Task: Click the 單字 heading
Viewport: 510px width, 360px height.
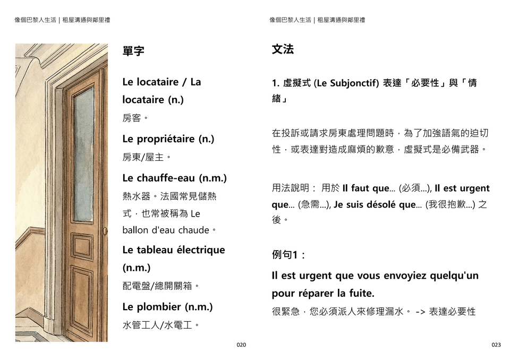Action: point(133,52)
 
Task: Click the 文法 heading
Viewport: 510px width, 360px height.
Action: point(283,49)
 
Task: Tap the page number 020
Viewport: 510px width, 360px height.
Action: point(241,345)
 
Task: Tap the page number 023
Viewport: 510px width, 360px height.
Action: point(496,345)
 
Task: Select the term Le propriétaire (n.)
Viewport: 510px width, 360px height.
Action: point(168,139)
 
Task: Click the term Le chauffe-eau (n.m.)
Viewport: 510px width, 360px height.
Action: point(174,178)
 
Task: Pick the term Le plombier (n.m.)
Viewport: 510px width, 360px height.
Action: point(167,307)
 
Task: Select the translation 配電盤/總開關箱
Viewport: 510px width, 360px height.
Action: point(160,286)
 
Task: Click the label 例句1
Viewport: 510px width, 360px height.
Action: point(287,255)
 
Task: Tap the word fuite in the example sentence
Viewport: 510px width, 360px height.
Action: point(361,294)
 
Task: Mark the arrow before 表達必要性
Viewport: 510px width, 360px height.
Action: point(420,312)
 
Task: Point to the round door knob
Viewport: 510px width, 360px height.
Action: point(105,231)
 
